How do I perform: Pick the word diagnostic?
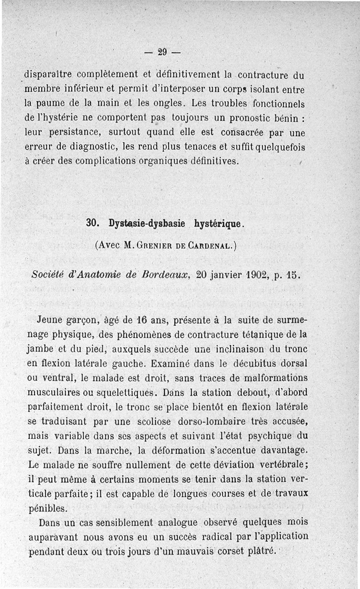[92, 147]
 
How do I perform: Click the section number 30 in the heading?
[92, 223]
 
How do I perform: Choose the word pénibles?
[47, 509]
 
